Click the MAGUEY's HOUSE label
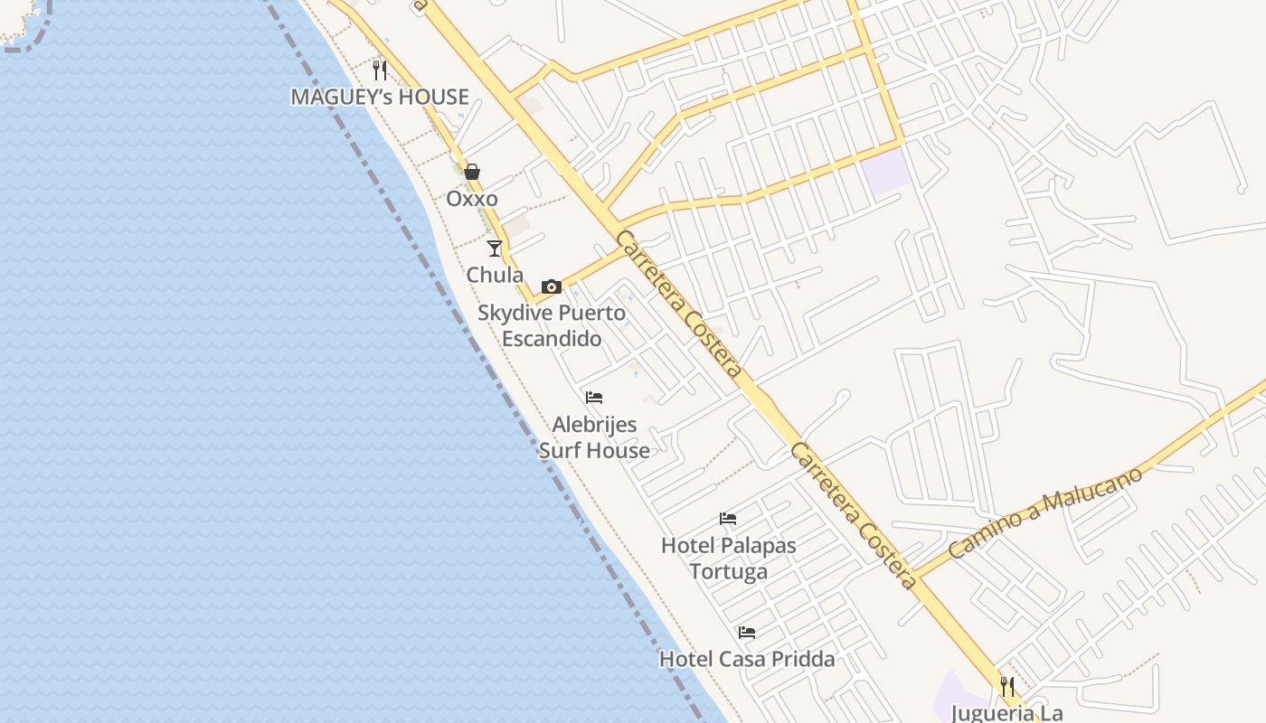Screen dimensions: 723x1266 pyautogui.click(x=380, y=97)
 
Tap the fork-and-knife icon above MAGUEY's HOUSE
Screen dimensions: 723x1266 pyautogui.click(x=380, y=70)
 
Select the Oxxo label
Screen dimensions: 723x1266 pyautogui.click(x=472, y=198)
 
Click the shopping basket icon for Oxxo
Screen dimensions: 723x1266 pyautogui.click(x=472, y=172)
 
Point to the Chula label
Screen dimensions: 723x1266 pyautogui.click(x=495, y=275)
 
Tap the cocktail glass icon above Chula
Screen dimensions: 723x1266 pyautogui.click(x=495, y=249)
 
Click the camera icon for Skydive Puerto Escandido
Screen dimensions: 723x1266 pyautogui.click(x=552, y=286)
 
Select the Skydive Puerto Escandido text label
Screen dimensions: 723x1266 pyautogui.click(x=552, y=325)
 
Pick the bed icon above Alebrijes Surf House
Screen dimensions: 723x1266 pyautogui.click(x=594, y=398)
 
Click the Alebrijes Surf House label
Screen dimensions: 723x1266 pyautogui.click(x=594, y=437)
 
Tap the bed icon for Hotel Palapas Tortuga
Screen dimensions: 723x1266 pyautogui.click(x=728, y=519)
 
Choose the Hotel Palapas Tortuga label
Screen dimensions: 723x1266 pyautogui.click(x=728, y=559)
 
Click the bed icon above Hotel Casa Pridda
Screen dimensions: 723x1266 pyautogui.click(x=747, y=633)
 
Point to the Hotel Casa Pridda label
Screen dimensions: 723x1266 pyautogui.click(x=747, y=659)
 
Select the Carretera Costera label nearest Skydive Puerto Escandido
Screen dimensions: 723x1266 pyautogui.click(x=678, y=304)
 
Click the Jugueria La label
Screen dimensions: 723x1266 pyautogui.click(x=1006, y=712)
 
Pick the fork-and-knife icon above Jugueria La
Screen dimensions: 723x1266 pyautogui.click(x=1007, y=687)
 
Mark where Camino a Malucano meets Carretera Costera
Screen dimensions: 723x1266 pyautogui.click(x=915, y=573)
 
